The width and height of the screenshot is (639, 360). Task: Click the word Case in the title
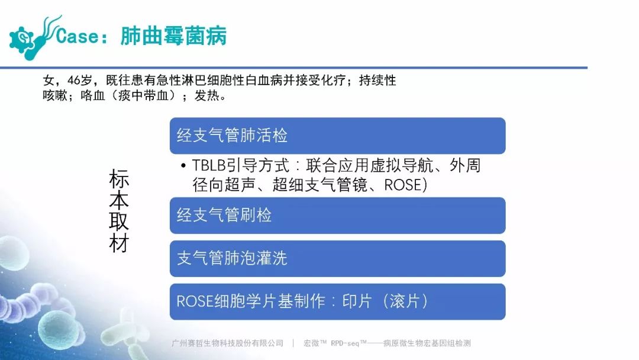(x=77, y=36)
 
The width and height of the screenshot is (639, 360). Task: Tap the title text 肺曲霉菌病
(x=173, y=36)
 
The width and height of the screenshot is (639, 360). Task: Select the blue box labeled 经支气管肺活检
(x=337, y=136)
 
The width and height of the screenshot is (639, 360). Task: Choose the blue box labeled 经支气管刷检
(x=337, y=216)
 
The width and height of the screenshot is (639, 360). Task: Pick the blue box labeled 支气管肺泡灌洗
(x=337, y=259)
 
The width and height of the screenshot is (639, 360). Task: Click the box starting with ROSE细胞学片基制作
(x=337, y=302)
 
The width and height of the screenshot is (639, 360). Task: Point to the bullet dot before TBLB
(x=183, y=166)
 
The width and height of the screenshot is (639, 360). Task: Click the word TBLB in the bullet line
(x=209, y=166)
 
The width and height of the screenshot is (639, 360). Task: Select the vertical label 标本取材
(x=119, y=211)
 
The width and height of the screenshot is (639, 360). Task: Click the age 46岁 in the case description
(x=80, y=80)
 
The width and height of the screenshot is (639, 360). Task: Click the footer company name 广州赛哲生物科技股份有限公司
(x=227, y=343)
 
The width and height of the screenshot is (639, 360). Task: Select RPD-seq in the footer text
(x=345, y=343)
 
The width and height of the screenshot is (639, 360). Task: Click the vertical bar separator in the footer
(x=293, y=343)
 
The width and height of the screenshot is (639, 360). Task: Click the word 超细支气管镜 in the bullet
(x=320, y=185)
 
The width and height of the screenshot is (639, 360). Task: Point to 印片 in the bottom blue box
(x=357, y=302)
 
